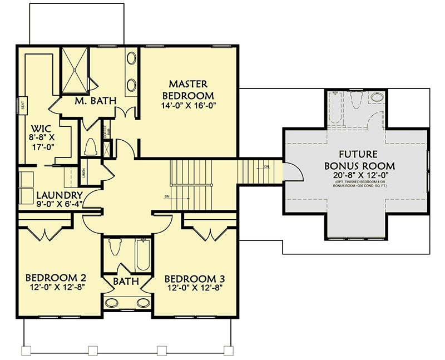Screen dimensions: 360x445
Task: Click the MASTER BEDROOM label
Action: (188, 90)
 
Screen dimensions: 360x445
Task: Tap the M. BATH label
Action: (95, 101)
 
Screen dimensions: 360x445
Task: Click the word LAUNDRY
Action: (60, 195)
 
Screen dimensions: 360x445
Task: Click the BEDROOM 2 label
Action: (56, 278)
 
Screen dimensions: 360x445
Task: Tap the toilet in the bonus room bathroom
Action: (357, 100)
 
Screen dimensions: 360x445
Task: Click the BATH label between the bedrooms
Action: (126, 282)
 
